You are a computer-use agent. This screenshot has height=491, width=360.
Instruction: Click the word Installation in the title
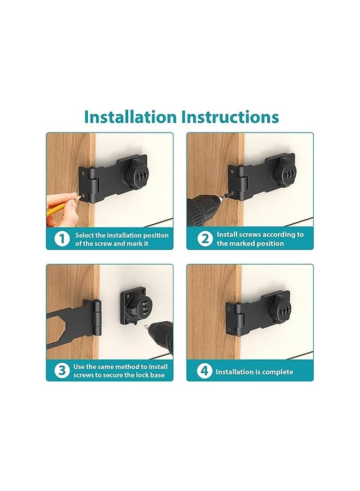(x=130, y=117)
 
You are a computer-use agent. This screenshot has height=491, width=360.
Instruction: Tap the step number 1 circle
(x=62, y=239)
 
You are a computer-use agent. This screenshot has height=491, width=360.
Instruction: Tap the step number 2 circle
(x=204, y=239)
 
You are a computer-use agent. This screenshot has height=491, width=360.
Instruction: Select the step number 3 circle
(x=62, y=371)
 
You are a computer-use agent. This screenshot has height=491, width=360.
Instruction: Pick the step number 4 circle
(x=204, y=372)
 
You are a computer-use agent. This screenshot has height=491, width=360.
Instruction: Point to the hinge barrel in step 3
(x=97, y=316)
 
